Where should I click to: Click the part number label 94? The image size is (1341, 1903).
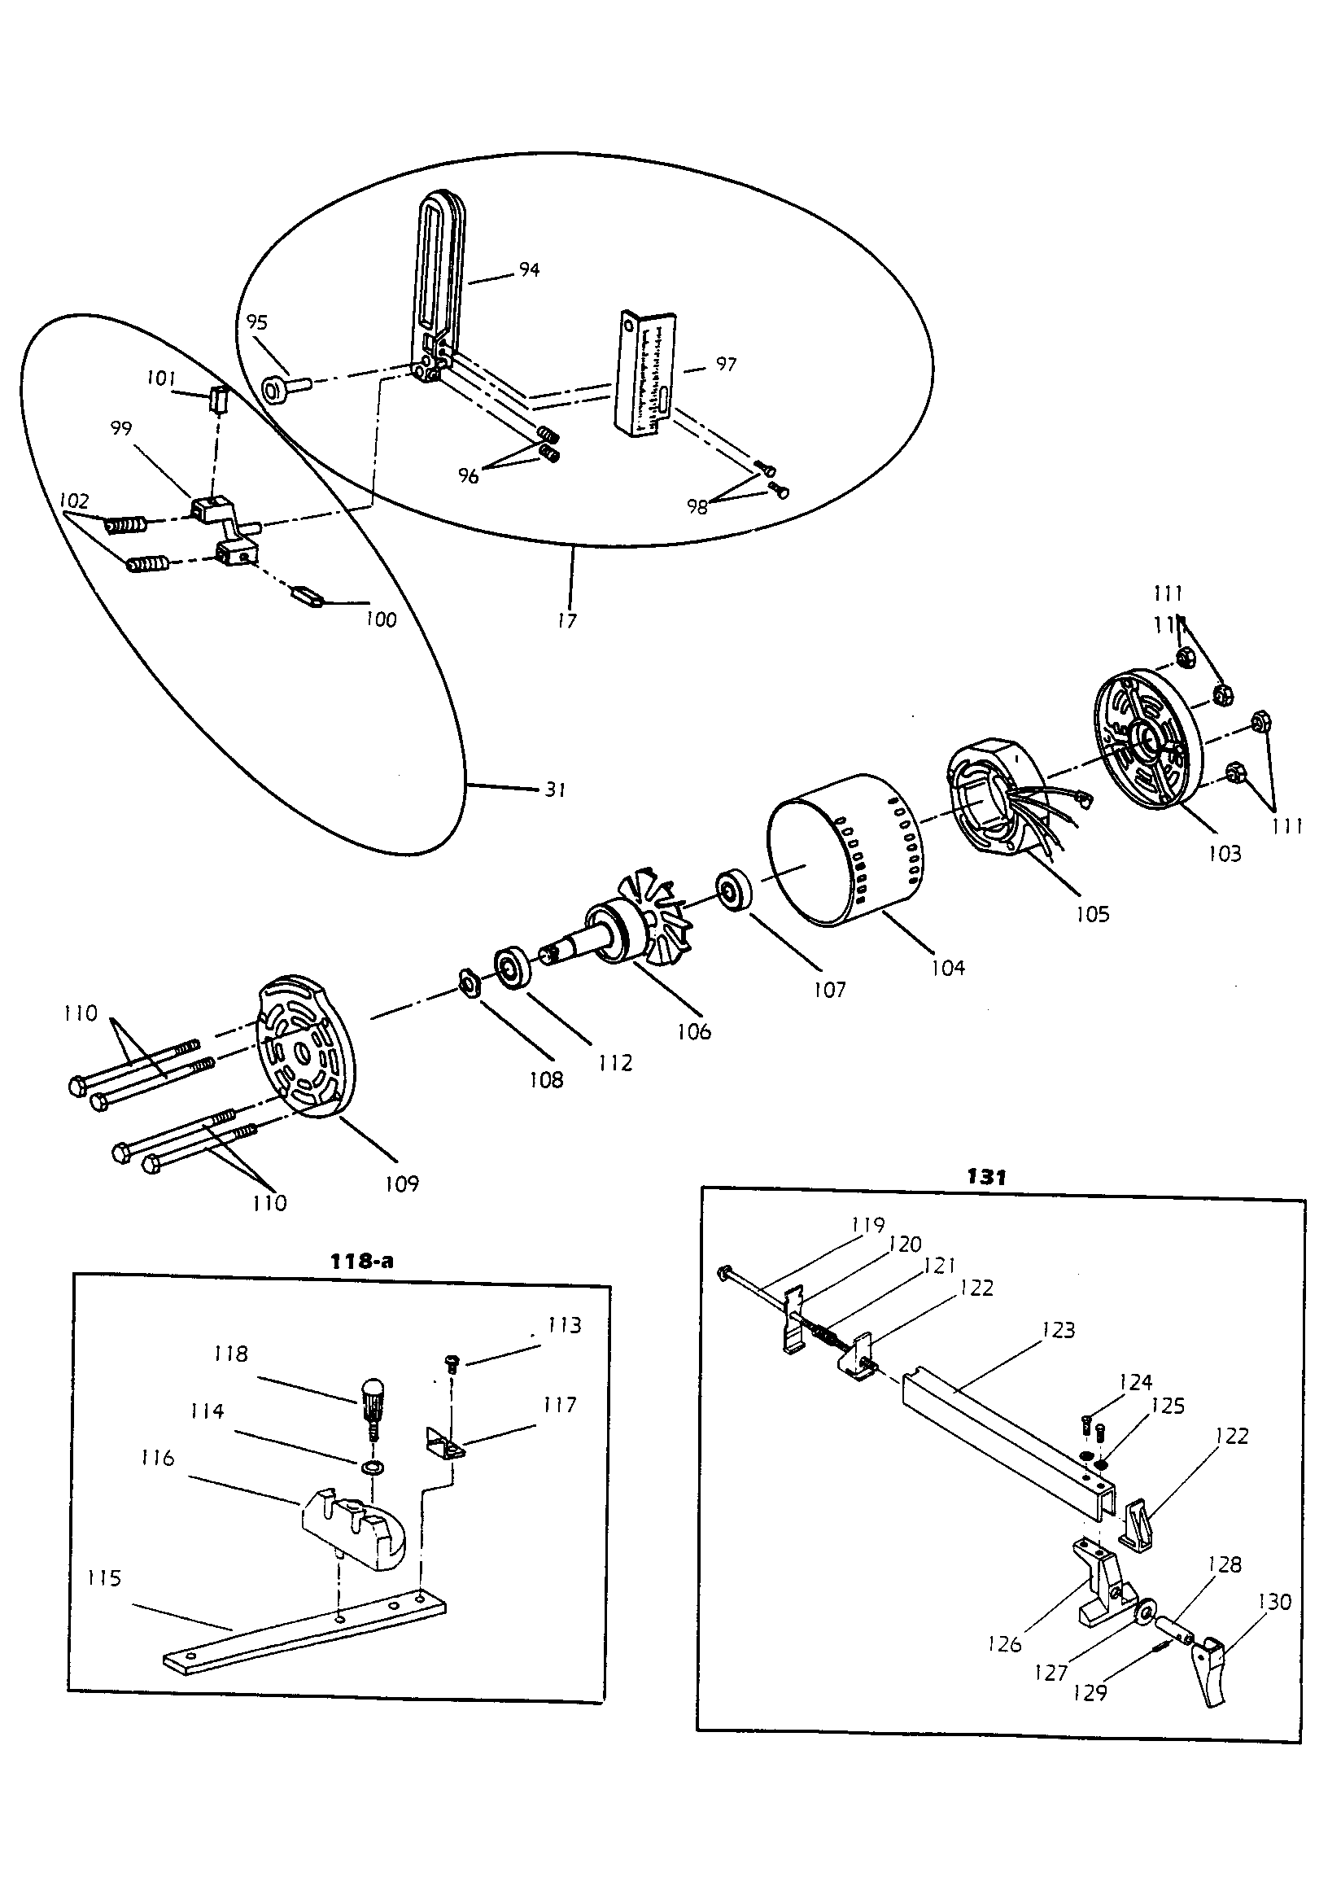tap(529, 269)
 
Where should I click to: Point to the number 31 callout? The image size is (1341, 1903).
tap(555, 790)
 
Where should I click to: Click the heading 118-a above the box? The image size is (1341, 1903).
tap(361, 1262)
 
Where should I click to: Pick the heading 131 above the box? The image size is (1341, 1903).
tap(985, 1177)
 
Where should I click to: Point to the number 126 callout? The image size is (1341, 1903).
tap(1004, 1644)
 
